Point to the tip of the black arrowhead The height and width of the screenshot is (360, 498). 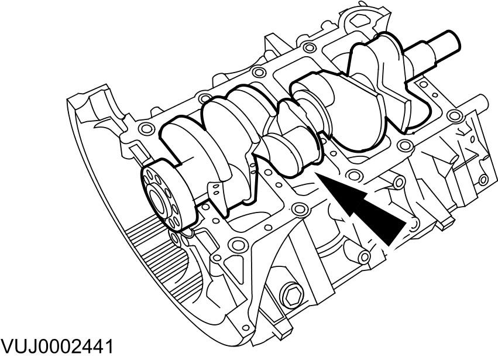click(318, 174)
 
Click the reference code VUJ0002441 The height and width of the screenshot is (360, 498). click(57, 346)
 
